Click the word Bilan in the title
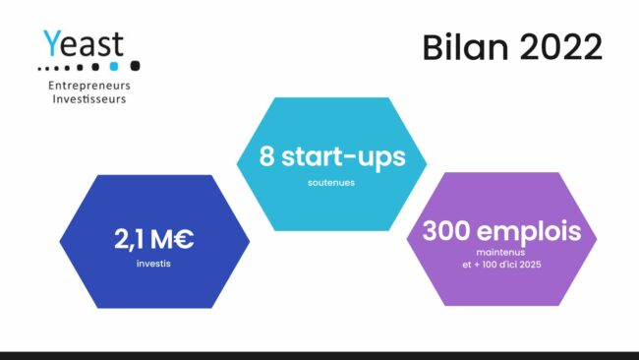click(x=456, y=47)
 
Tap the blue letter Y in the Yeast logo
click(x=51, y=44)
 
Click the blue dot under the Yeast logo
click(x=114, y=67)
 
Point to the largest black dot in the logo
click(x=135, y=66)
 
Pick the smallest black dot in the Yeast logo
click(x=39, y=69)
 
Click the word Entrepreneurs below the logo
click(x=89, y=87)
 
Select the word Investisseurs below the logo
click(x=89, y=99)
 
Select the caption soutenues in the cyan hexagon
click(x=330, y=182)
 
